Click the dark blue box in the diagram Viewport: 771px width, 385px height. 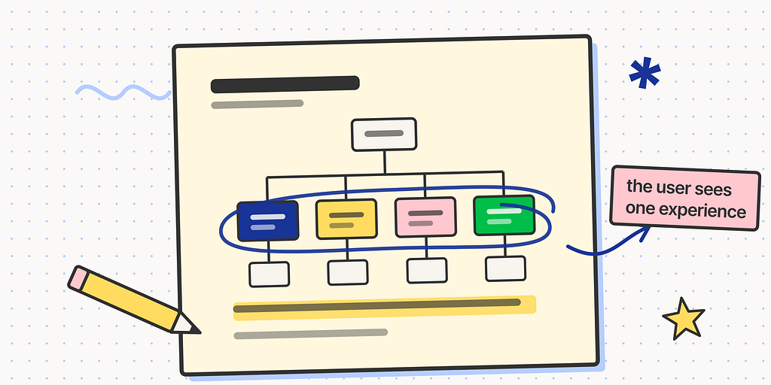coord(267,220)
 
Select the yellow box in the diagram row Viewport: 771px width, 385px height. coord(346,219)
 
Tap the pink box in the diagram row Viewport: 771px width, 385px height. coord(426,217)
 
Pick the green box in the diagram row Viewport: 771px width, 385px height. coord(504,215)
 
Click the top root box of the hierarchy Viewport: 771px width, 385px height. coord(384,134)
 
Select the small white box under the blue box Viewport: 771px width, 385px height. coord(269,274)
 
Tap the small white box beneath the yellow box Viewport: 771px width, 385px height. coord(348,272)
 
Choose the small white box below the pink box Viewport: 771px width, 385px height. coord(427,271)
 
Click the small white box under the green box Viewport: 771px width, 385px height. coord(505,268)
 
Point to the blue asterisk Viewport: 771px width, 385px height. coord(645,73)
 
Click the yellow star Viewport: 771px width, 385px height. coord(683,319)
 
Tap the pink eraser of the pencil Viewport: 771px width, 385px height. coord(78,277)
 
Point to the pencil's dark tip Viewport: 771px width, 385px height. coord(195,330)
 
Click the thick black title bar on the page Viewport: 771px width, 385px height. coord(285,84)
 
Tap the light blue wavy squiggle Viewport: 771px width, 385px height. coord(123,92)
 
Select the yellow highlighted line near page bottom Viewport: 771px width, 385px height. coord(384,308)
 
